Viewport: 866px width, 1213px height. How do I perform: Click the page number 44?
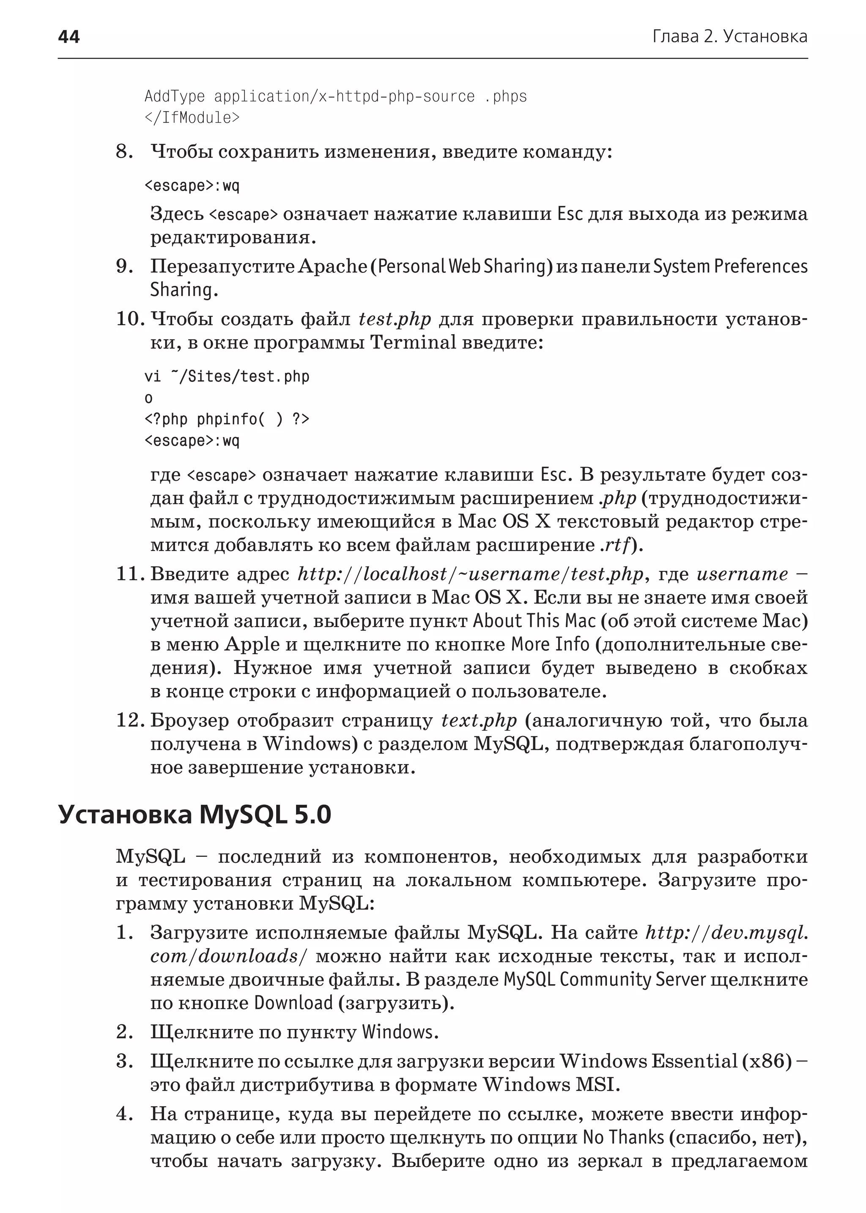click(69, 37)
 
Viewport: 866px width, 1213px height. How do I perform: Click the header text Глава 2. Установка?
click(729, 37)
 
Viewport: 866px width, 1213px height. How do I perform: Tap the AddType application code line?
click(335, 96)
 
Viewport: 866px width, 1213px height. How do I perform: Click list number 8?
click(124, 152)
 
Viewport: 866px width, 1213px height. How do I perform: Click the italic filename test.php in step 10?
click(395, 319)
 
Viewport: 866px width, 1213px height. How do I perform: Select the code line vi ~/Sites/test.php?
click(227, 376)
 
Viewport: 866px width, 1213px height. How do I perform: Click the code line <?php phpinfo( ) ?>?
click(227, 419)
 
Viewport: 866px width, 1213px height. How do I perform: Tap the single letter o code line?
click(149, 398)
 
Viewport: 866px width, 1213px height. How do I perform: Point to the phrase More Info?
click(550, 645)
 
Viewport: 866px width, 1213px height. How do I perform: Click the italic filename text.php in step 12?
click(479, 721)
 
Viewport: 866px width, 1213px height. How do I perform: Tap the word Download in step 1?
click(293, 1003)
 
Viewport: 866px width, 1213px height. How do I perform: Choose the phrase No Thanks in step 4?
click(623, 1137)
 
